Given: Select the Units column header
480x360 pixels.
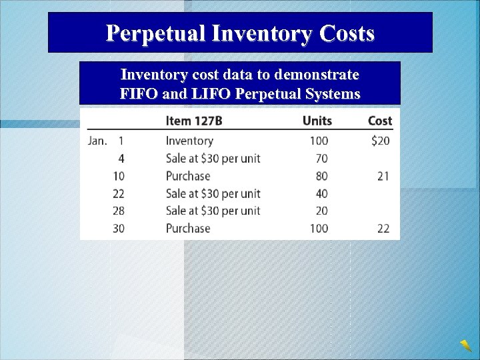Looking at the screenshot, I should (x=317, y=121).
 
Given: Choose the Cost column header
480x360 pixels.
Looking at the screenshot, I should (x=380, y=121).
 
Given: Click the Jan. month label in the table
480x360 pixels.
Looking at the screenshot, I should (x=98, y=141).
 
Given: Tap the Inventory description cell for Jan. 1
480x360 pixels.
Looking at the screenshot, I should (x=189, y=141).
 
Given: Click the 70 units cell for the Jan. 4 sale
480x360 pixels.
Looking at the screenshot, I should (x=322, y=159).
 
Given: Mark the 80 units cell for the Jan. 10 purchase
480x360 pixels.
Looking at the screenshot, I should (x=322, y=176).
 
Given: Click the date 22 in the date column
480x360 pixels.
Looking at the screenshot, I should (x=119, y=193).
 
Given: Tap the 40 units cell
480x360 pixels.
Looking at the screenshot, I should (x=322, y=193).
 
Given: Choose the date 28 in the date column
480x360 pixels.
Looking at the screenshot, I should (x=119, y=211).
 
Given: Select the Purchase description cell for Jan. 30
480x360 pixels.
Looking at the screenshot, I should (x=188, y=228).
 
